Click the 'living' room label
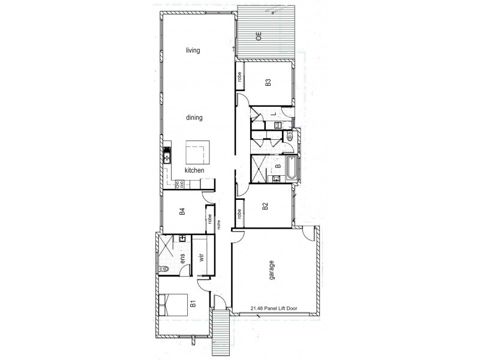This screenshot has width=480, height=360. [x=193, y=50]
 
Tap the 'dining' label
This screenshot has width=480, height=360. [x=194, y=118]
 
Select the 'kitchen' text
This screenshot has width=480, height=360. [x=195, y=171]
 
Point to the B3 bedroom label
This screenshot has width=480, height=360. [x=268, y=83]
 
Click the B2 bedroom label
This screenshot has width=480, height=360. [x=265, y=208]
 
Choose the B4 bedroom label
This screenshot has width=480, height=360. [x=182, y=211]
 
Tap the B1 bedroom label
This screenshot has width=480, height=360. [x=193, y=304]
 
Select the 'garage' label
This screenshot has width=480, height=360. [x=272, y=270]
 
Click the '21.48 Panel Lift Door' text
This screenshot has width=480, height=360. [x=274, y=310]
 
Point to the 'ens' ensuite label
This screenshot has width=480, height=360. [x=182, y=259]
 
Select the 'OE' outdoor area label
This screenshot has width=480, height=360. [x=259, y=35]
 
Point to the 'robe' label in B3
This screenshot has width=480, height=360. [x=239, y=76]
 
